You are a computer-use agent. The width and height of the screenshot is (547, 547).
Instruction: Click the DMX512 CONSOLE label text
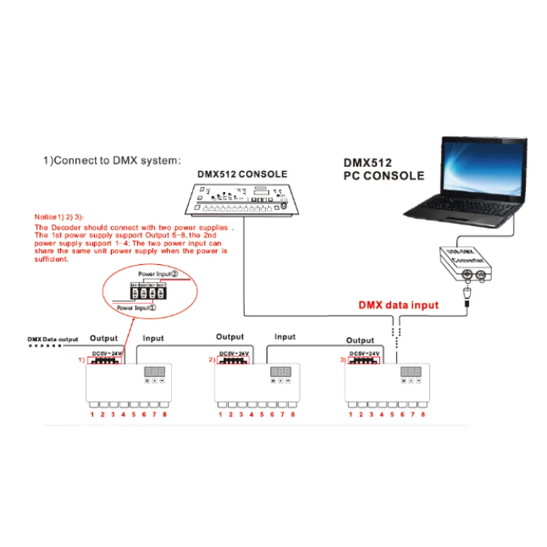click(x=242, y=174)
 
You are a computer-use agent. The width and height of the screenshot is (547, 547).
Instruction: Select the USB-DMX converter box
click(x=464, y=264)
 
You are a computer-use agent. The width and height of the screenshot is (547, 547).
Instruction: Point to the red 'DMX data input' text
click(x=397, y=304)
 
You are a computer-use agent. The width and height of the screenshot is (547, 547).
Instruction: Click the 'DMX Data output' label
click(x=53, y=339)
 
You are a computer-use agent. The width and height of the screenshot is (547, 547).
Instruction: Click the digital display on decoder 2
click(x=280, y=371)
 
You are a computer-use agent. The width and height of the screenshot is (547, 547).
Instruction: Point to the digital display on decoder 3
click(x=411, y=371)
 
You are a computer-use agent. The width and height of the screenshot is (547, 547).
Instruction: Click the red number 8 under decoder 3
click(x=423, y=415)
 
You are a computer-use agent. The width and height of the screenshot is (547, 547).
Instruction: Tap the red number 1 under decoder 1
click(x=92, y=415)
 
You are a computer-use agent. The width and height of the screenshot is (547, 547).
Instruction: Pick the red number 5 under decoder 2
click(x=262, y=415)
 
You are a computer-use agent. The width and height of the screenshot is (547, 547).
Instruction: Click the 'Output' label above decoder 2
click(x=230, y=337)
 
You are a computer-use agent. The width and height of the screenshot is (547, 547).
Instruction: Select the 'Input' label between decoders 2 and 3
click(x=285, y=336)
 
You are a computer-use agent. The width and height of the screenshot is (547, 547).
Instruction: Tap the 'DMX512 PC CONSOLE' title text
click(x=384, y=169)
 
